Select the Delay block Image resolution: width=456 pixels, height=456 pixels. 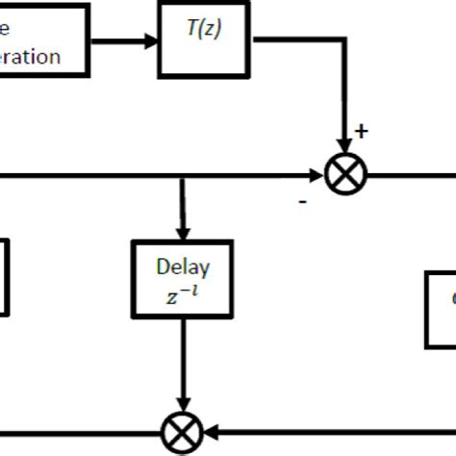(183, 280)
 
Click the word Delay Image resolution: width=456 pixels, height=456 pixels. (183, 266)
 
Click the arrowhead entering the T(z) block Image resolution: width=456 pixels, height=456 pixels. (152, 41)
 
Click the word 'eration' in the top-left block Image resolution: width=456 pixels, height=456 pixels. (30, 56)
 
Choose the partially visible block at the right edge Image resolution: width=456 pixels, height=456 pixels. (442, 308)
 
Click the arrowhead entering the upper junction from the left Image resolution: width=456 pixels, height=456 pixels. (316, 176)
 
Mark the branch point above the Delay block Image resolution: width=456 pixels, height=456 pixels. (183, 176)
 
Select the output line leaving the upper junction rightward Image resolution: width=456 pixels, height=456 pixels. (409, 176)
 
